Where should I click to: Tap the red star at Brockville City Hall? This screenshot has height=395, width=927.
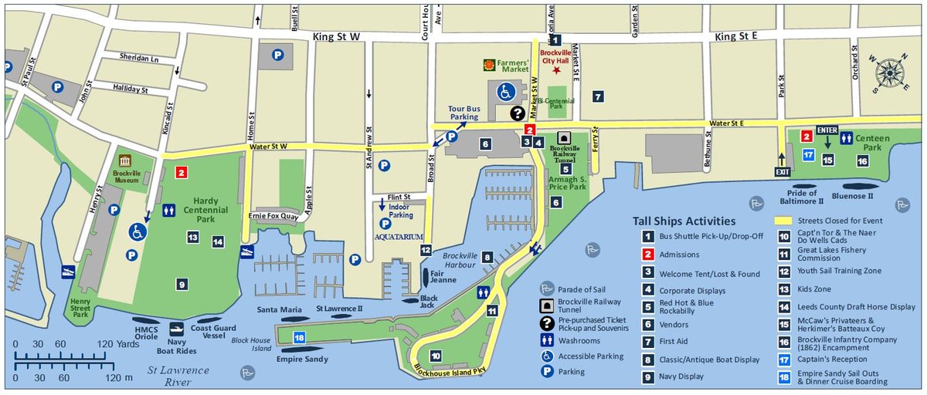[x=557, y=71]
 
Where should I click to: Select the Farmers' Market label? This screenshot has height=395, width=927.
[x=512, y=65]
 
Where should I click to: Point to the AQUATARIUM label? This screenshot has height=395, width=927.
[x=399, y=236]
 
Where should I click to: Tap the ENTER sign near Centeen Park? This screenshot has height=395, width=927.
[x=827, y=130]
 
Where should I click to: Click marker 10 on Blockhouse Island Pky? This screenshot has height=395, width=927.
[x=436, y=356]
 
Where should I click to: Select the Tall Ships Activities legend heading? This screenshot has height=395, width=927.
[x=684, y=221]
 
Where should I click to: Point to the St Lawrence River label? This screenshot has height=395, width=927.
[x=178, y=375]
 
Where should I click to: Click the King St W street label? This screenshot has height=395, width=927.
[x=337, y=36]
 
